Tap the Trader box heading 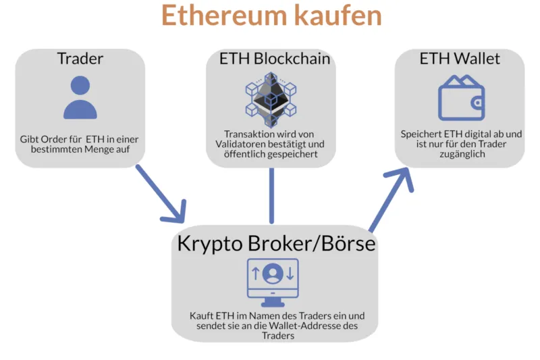click(80, 58)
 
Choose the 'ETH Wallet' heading click(460, 58)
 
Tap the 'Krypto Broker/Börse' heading click(275, 242)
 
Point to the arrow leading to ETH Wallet click(391, 199)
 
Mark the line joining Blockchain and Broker click(271, 196)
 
